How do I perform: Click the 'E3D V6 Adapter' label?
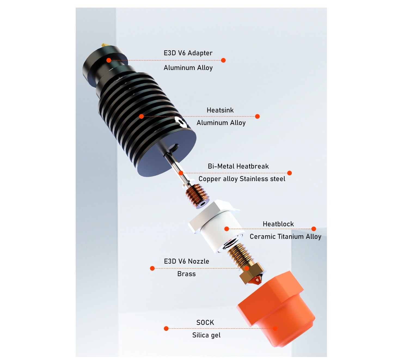pyautogui.click(x=188, y=53)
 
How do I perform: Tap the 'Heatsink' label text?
pyautogui.click(x=220, y=110)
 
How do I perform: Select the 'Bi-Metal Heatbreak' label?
pyautogui.click(x=238, y=166)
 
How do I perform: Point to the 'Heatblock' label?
pyautogui.click(x=278, y=224)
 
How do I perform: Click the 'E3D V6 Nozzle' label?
pyautogui.click(x=186, y=261)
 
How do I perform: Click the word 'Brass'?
pyautogui.click(x=186, y=274)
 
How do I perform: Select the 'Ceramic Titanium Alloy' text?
pyautogui.click(x=285, y=237)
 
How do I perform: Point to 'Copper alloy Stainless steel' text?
pyautogui.click(x=242, y=179)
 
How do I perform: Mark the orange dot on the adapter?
pyautogui.click(x=109, y=60)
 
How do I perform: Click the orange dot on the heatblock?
pyautogui.click(x=227, y=229)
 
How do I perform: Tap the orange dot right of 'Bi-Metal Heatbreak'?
pyautogui.click(x=290, y=173)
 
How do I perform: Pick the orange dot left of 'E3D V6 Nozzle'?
pyautogui.click(x=152, y=268)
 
